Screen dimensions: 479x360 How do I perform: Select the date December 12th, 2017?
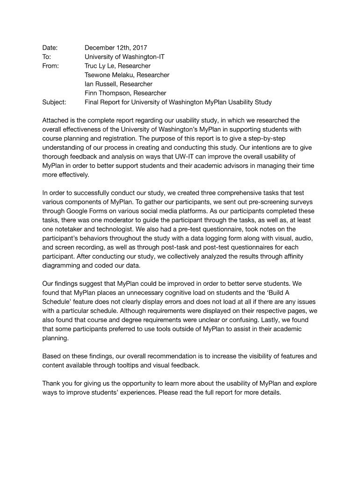[x=115, y=48]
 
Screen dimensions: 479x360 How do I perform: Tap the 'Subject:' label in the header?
[x=54, y=102]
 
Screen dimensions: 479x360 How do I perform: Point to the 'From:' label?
[x=50, y=66]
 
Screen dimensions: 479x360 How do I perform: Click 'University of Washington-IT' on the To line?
[x=124, y=57]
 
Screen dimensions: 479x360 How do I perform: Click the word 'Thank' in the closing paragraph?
[x=51, y=384]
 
